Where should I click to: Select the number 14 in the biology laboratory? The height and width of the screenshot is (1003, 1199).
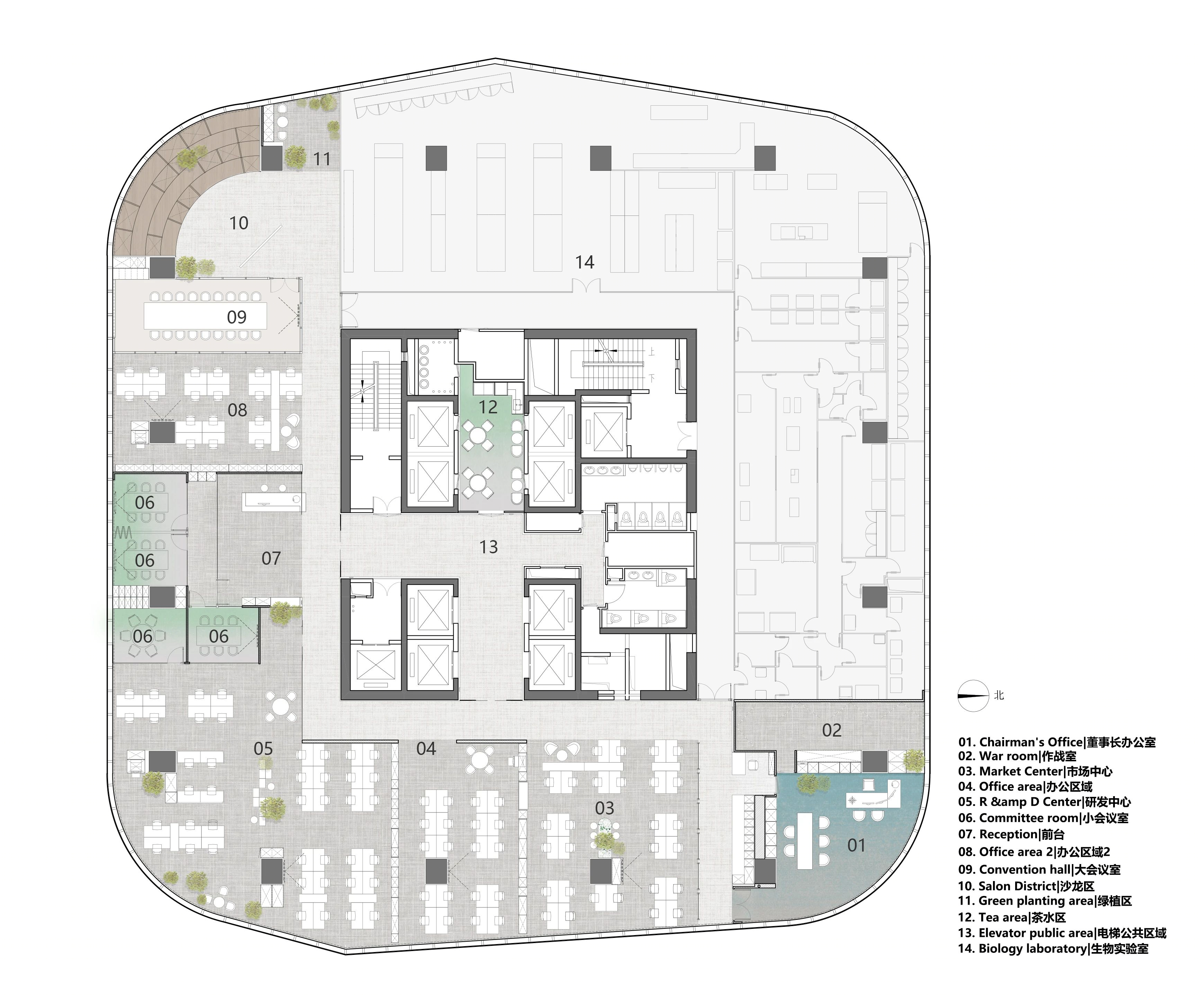click(585, 262)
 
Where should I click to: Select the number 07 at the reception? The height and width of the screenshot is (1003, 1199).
click(271, 558)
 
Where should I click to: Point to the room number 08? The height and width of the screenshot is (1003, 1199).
click(238, 410)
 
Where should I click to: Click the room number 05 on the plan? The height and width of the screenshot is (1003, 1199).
click(263, 748)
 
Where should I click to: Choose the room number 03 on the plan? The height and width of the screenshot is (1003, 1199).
click(605, 808)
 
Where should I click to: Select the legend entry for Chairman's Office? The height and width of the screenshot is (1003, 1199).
click(1057, 742)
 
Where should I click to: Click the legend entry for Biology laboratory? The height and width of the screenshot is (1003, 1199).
click(1053, 949)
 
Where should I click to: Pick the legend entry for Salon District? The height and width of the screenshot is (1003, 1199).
click(1026, 886)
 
